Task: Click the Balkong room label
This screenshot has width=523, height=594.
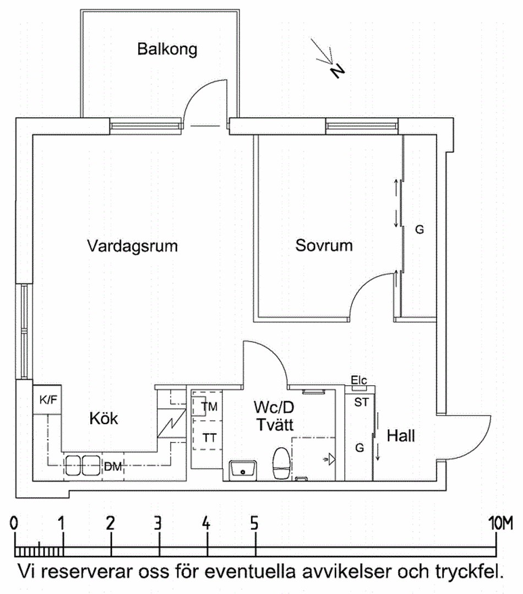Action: tap(167, 50)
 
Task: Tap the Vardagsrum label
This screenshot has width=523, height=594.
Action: tap(132, 246)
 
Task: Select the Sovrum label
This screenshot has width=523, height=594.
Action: tap(324, 245)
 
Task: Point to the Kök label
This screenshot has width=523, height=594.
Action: tap(103, 419)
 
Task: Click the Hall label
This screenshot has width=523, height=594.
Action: tap(401, 436)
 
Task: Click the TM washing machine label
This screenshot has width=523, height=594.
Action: tap(209, 407)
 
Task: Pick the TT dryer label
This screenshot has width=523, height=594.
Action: tap(209, 439)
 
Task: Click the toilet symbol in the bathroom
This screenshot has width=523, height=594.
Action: tap(282, 462)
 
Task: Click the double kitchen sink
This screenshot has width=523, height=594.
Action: tap(81, 466)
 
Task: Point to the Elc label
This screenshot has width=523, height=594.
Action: tap(358, 380)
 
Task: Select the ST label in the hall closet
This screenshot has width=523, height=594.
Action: tap(361, 402)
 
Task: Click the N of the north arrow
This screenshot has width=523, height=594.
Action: tap(337, 71)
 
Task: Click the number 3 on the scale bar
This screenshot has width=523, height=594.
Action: tap(159, 523)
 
